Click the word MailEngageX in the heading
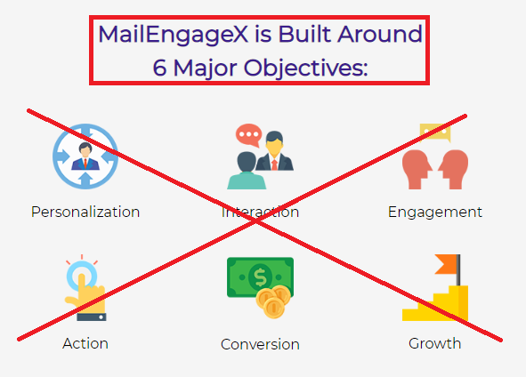pos(173,36)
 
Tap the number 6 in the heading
pos(159,68)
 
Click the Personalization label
pos(85,213)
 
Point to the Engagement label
pos(434,213)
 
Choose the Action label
pos(85,343)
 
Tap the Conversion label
pos(260,344)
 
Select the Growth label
pos(434,344)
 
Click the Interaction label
pos(260,213)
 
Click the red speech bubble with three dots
pos(248,135)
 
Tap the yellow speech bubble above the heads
pos(435,132)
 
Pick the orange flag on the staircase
pos(446,264)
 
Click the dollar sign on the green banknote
pos(260,277)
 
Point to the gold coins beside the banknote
pos(273,301)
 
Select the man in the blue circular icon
pos(85,156)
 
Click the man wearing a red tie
pos(274,151)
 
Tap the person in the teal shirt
pos(247,171)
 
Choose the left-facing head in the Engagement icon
pos(454,170)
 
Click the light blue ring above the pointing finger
pos(82,276)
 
